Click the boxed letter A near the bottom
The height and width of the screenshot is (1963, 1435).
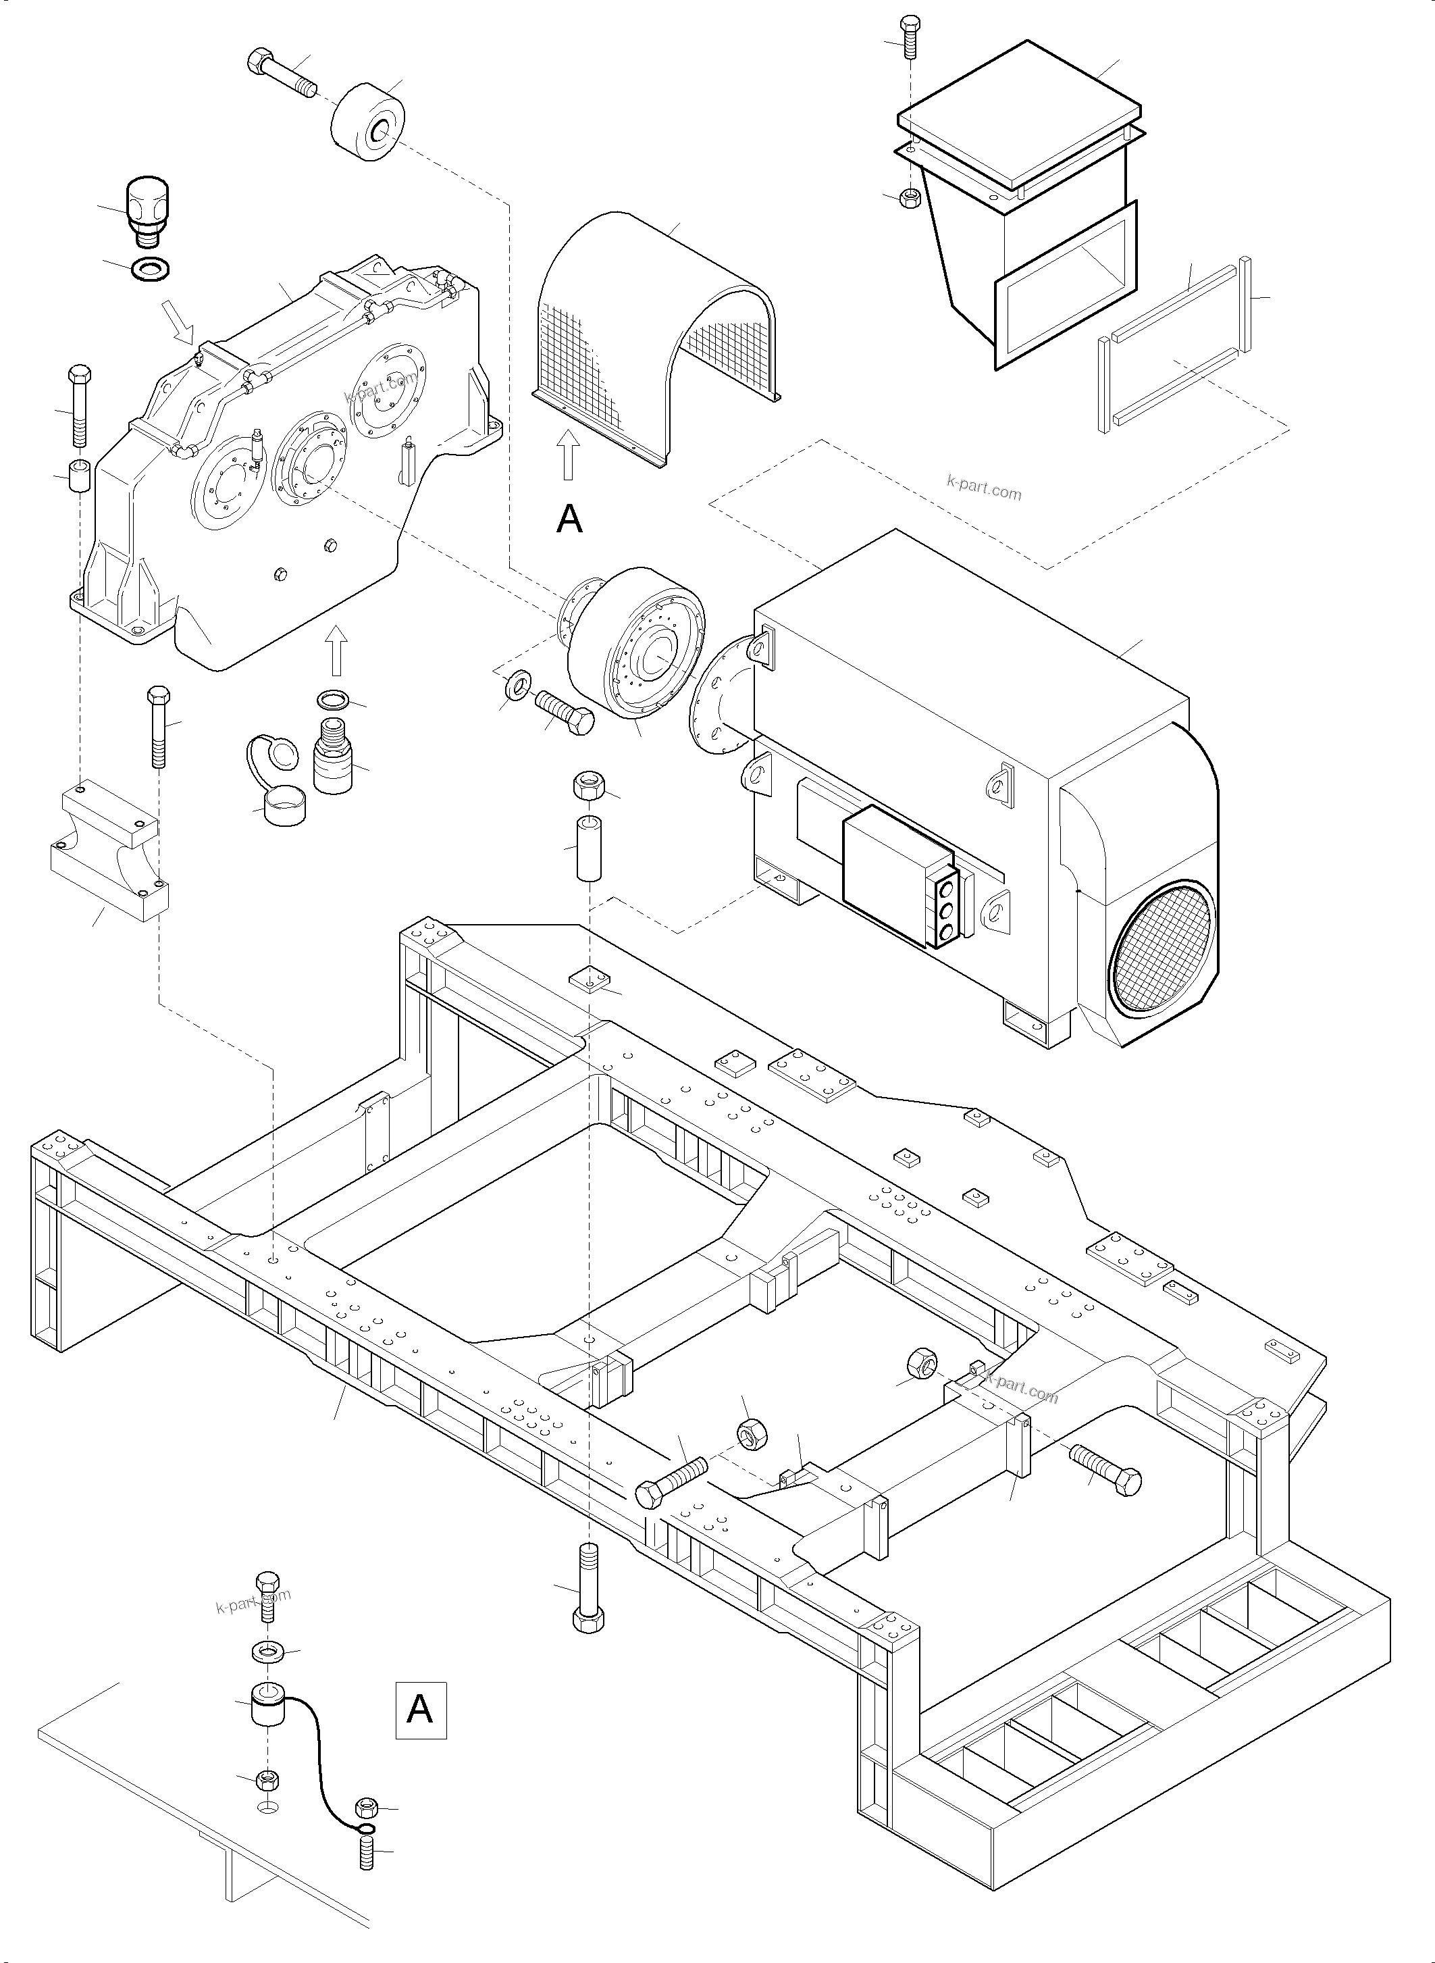[x=421, y=1710]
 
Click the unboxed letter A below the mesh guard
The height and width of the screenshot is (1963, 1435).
[x=569, y=519]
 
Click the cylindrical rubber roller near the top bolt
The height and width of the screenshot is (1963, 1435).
[x=369, y=124]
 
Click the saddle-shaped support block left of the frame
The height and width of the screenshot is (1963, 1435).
[x=109, y=852]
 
